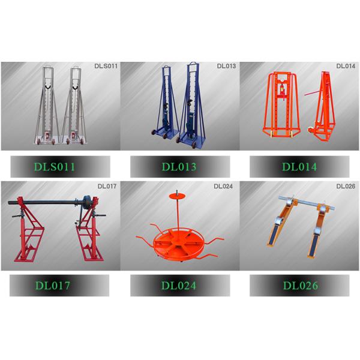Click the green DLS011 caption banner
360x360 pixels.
tap(60, 167)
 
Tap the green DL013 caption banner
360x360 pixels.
tap(180, 167)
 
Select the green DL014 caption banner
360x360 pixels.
tap(299, 167)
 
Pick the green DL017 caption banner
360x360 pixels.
tap(59, 286)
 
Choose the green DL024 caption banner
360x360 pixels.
tap(180, 286)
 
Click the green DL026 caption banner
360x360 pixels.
tap(299, 286)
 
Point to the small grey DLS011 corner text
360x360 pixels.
tap(106, 66)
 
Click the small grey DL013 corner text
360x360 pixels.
tap(226, 66)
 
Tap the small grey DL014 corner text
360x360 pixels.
tap(346, 66)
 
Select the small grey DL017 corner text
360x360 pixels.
tap(107, 186)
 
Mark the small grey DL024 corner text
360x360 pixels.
tap(223, 186)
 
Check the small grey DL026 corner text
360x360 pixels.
tap(346, 186)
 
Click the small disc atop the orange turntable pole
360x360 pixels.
tap(177, 196)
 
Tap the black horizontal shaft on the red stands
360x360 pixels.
tap(46, 202)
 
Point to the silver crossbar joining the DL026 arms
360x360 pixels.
tap(307, 203)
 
